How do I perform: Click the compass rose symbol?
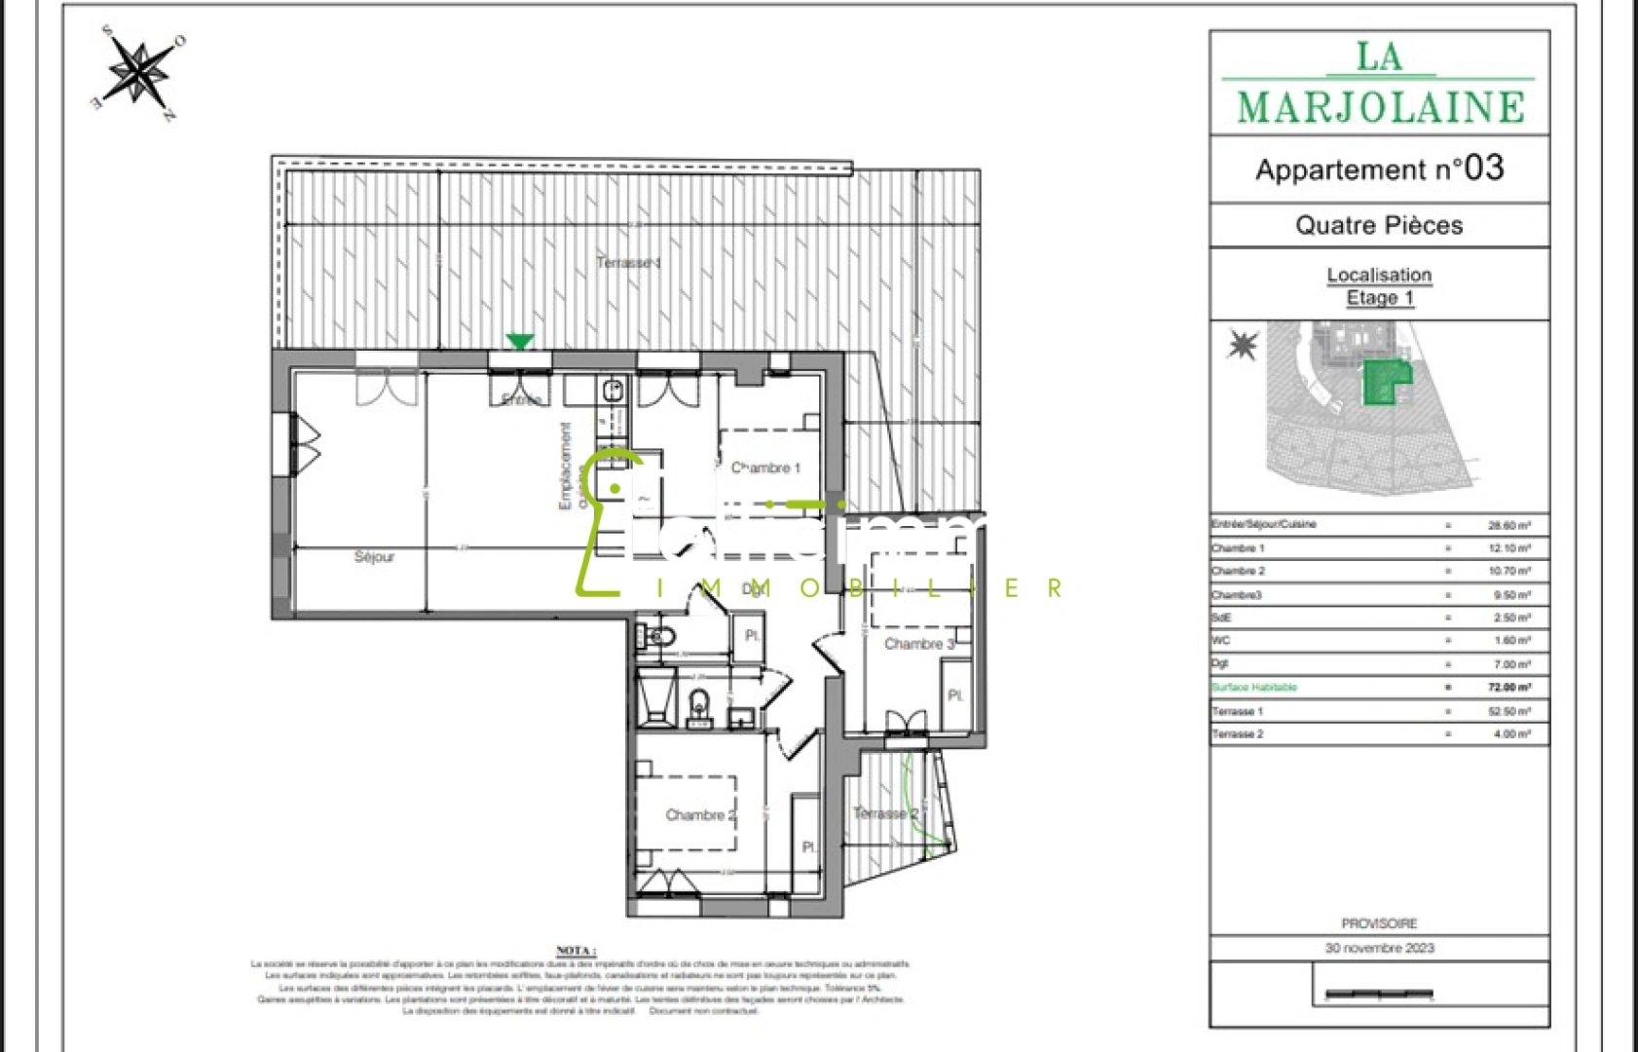click(141, 72)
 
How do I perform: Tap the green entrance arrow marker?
click(520, 341)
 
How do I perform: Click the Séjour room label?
click(374, 557)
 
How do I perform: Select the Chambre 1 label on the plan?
click(765, 469)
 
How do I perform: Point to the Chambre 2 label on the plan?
click(700, 815)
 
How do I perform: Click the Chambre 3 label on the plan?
click(918, 644)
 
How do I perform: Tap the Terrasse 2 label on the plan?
click(885, 813)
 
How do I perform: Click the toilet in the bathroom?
click(698, 703)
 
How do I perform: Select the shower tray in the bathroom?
click(655, 695)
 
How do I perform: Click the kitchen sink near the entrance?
click(613, 392)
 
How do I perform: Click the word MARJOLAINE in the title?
click(1380, 108)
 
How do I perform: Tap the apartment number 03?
click(1483, 169)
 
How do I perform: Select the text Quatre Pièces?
click(1379, 226)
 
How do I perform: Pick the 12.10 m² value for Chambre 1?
click(1508, 548)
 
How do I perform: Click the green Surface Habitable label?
click(1254, 688)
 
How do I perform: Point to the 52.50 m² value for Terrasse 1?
click(1508, 712)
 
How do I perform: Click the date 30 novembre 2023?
click(1379, 948)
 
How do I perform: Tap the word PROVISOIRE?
click(1379, 923)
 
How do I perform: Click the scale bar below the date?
click(1379, 995)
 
